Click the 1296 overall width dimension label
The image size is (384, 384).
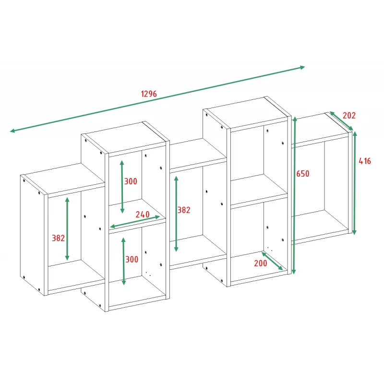click(149, 94)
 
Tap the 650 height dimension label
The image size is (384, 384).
click(303, 174)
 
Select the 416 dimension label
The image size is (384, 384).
click(365, 161)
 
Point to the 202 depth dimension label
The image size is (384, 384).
click(349, 115)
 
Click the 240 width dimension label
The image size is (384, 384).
click(143, 214)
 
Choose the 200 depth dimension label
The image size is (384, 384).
click(260, 263)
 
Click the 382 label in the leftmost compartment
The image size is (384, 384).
click(58, 238)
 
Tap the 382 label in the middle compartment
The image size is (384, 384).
click(184, 210)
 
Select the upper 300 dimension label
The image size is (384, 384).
click(131, 181)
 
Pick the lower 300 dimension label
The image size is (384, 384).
click(132, 259)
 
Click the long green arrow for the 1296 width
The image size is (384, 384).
click(157, 99)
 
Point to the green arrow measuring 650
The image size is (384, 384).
click(294, 195)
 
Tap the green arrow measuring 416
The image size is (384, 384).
click(354, 183)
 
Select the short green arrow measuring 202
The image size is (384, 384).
click(341, 121)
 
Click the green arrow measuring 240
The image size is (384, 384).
click(135, 222)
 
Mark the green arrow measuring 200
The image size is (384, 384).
click(272, 261)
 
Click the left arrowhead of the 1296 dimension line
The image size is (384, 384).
click(12, 131)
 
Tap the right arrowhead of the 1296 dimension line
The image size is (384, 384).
click(302, 67)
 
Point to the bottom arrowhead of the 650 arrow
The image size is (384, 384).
click(294, 272)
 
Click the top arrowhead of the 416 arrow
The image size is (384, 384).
click(355, 134)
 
